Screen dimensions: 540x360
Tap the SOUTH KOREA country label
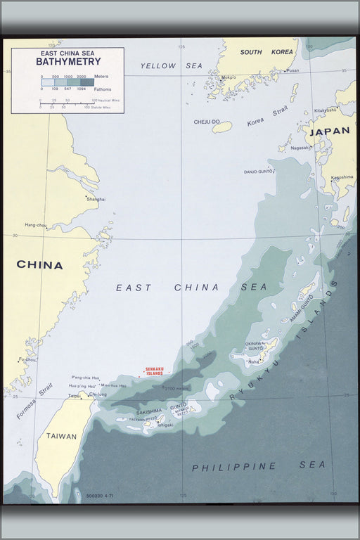pyautogui.click(x=256, y=52)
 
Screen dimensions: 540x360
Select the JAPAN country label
pyautogui.click(x=329, y=131)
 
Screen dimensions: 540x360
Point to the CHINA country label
pyautogui.click(x=39, y=265)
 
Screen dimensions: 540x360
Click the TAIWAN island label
pyautogui.click(x=61, y=436)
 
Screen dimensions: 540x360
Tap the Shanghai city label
pyautogui.click(x=96, y=199)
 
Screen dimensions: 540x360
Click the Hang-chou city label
pyautogui.click(x=36, y=225)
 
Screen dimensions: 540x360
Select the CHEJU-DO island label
pyautogui.click(x=207, y=122)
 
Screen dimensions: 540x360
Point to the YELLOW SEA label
pyautogui.click(x=171, y=66)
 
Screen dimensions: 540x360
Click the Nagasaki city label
pyautogui.click(x=301, y=148)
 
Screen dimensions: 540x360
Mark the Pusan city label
pyautogui.click(x=292, y=70)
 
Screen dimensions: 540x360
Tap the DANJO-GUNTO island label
pyautogui.click(x=258, y=171)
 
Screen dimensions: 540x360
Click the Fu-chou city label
pyautogui.click(x=27, y=360)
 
